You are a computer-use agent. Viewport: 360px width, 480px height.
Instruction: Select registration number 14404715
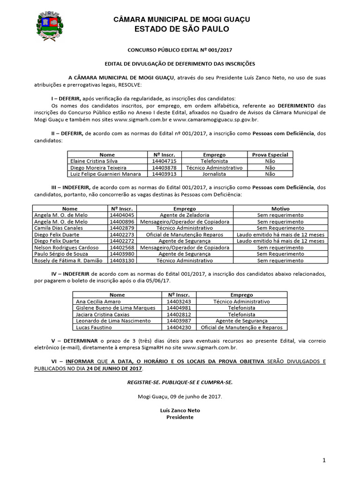[x=164, y=161]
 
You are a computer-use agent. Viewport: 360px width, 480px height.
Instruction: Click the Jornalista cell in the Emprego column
[x=214, y=173]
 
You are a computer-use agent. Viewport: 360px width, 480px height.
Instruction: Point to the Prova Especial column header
[x=270, y=155]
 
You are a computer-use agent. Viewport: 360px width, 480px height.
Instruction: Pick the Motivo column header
[x=280, y=209]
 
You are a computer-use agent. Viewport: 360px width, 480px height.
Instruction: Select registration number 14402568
[x=121, y=247]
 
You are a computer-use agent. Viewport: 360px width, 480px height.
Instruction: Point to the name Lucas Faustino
[x=91, y=328]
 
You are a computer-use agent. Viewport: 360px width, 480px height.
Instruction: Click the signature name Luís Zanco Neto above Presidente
[x=180, y=410]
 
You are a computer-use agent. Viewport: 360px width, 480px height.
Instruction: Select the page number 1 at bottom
[x=323, y=461]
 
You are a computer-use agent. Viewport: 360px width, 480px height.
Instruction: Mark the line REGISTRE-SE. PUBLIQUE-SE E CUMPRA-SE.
[x=180, y=382]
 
